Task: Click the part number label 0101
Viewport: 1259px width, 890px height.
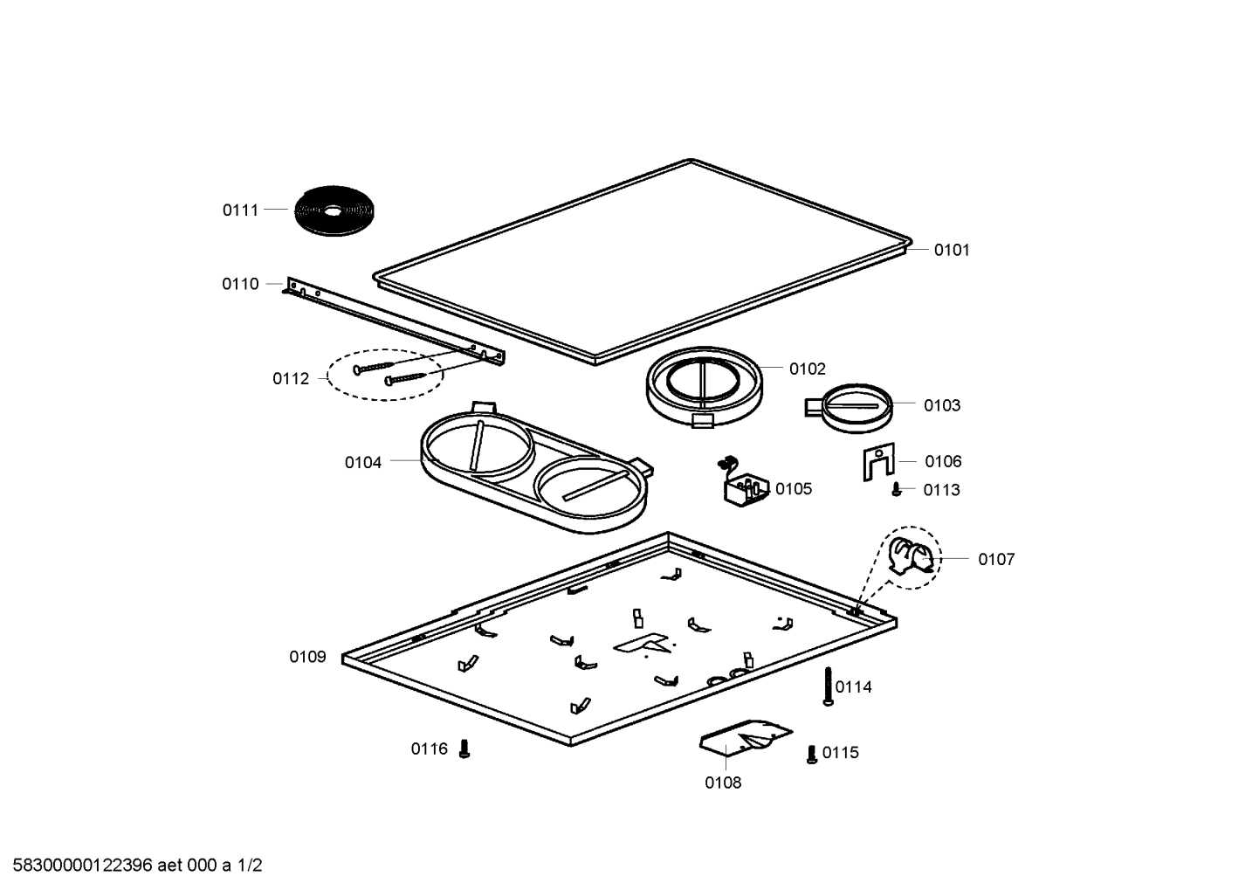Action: point(952,250)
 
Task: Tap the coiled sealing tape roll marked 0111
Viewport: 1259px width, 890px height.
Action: point(334,210)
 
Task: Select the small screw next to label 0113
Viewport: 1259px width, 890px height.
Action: point(897,489)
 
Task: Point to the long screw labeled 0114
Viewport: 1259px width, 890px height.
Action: point(828,686)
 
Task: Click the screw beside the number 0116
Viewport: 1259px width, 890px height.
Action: point(464,749)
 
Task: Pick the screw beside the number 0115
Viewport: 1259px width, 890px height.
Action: point(812,754)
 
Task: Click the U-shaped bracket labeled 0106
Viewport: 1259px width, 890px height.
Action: point(878,461)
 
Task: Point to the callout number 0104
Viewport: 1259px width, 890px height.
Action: point(363,463)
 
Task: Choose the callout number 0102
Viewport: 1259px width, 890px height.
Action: point(807,369)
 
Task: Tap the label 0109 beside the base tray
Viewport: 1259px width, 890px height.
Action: point(307,657)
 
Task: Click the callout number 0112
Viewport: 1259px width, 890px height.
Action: point(291,379)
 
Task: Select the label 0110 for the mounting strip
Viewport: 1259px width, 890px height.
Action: point(241,284)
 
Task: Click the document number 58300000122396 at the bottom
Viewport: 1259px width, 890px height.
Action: point(82,866)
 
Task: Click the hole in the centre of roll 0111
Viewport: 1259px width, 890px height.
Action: point(333,211)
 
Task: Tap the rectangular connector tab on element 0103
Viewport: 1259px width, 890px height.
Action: point(814,407)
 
